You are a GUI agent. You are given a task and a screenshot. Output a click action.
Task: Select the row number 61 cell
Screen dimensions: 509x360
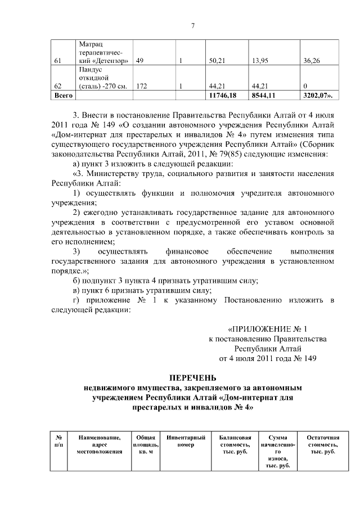point(57,61)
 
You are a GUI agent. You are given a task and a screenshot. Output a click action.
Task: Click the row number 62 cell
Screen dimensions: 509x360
point(57,86)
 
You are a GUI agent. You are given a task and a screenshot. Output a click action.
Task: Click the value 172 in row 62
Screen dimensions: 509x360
point(142,86)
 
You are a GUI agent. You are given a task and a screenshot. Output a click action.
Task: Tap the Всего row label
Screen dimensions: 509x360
point(60,96)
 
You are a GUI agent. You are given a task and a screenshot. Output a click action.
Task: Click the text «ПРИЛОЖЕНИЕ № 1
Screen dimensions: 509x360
point(268,328)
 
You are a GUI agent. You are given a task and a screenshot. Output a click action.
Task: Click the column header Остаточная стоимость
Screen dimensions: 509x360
point(323,445)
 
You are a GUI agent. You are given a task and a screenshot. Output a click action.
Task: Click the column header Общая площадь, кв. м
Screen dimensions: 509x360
point(146,445)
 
